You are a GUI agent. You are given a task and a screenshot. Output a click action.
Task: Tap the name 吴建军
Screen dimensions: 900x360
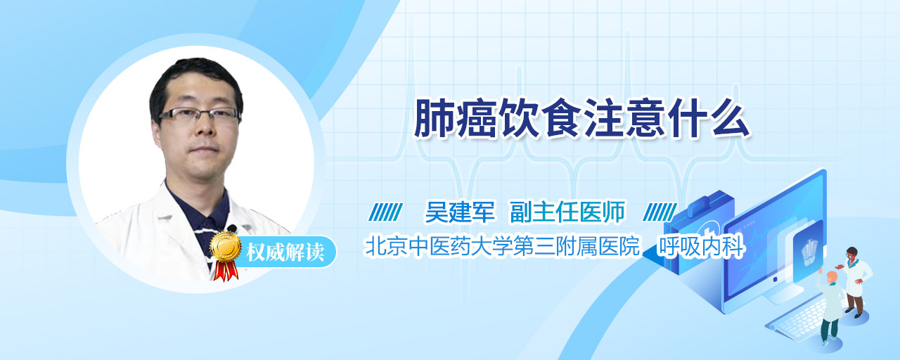(460, 212)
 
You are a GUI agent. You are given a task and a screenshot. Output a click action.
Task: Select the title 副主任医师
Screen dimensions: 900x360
(567, 212)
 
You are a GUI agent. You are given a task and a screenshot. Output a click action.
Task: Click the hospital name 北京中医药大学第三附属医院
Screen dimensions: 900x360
(502, 246)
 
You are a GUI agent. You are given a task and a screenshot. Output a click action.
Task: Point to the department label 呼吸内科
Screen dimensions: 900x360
(701, 246)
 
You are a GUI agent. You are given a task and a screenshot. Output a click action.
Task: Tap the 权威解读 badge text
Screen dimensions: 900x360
(285, 252)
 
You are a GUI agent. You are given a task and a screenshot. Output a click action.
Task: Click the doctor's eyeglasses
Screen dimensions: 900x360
(200, 115)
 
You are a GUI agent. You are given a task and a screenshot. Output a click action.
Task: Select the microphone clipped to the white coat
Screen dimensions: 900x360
(232, 229)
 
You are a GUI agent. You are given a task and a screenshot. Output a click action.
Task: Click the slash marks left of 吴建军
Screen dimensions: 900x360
(385, 212)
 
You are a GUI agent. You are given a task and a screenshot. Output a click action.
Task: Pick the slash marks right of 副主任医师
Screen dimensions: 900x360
(660, 212)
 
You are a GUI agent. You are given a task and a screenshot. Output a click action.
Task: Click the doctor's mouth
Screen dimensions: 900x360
(204, 150)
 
